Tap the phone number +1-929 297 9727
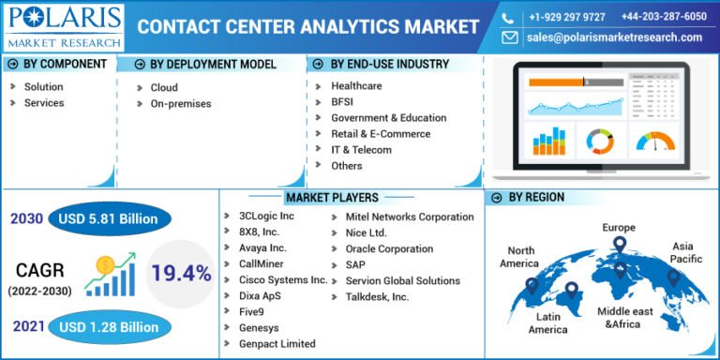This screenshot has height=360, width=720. point(566,17)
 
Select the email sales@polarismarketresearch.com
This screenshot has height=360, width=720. point(614,37)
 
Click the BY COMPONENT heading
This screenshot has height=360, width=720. point(63,65)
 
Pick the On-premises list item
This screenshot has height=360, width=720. point(181,103)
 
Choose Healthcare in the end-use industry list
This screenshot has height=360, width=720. point(356,86)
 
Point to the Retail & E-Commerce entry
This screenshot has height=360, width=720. point(381,134)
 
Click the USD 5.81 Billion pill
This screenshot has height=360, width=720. point(110,219)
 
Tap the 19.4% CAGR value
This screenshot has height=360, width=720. point(180,273)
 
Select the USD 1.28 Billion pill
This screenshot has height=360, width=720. point(109,327)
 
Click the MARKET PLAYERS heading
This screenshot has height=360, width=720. point(333,198)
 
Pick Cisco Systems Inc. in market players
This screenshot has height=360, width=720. point(283,280)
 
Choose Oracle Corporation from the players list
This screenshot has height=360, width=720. point(389,248)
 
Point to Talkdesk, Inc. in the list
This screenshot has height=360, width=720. point(377,296)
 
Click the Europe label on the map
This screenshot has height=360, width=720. point(619,227)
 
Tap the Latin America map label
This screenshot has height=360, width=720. point(547,323)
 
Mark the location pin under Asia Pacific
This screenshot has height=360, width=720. point(672,277)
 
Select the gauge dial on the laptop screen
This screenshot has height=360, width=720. point(655,142)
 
